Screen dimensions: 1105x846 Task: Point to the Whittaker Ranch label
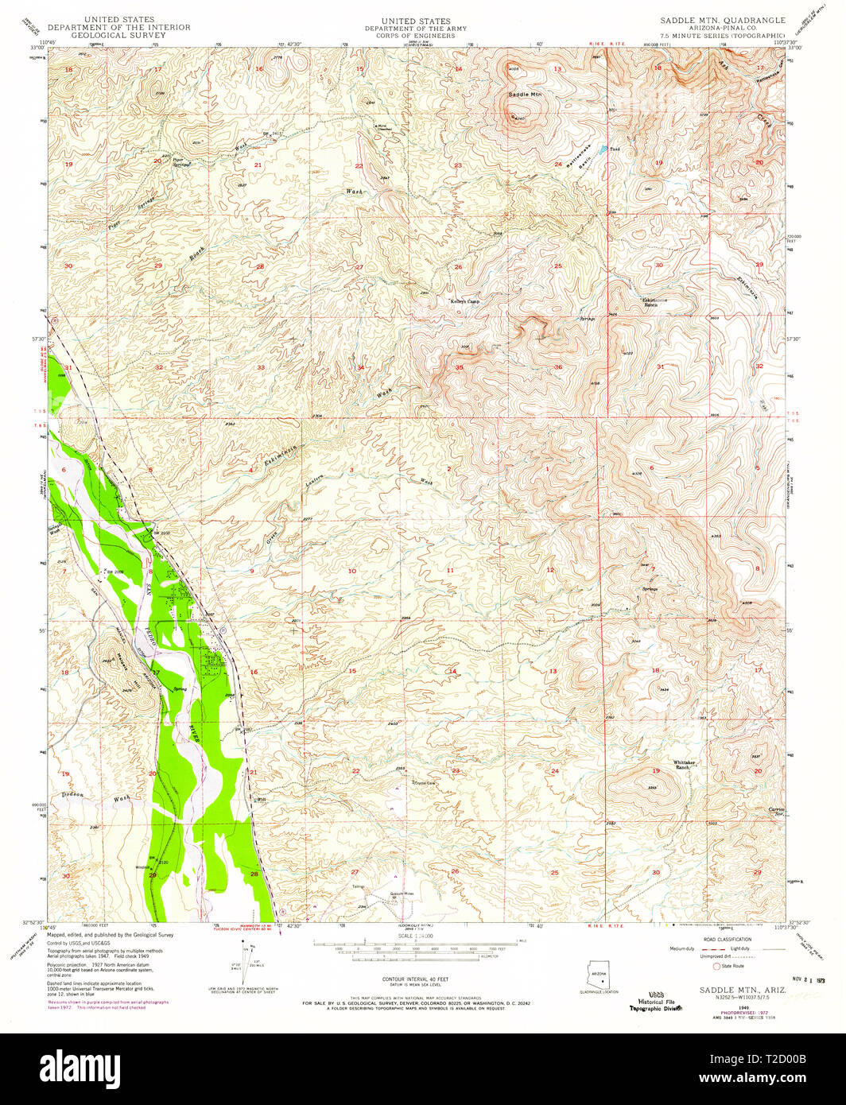coord(685,764)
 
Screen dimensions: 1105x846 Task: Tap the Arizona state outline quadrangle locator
coord(598,979)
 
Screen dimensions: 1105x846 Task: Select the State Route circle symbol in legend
coord(717,966)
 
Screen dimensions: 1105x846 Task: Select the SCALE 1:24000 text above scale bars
coord(416,936)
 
